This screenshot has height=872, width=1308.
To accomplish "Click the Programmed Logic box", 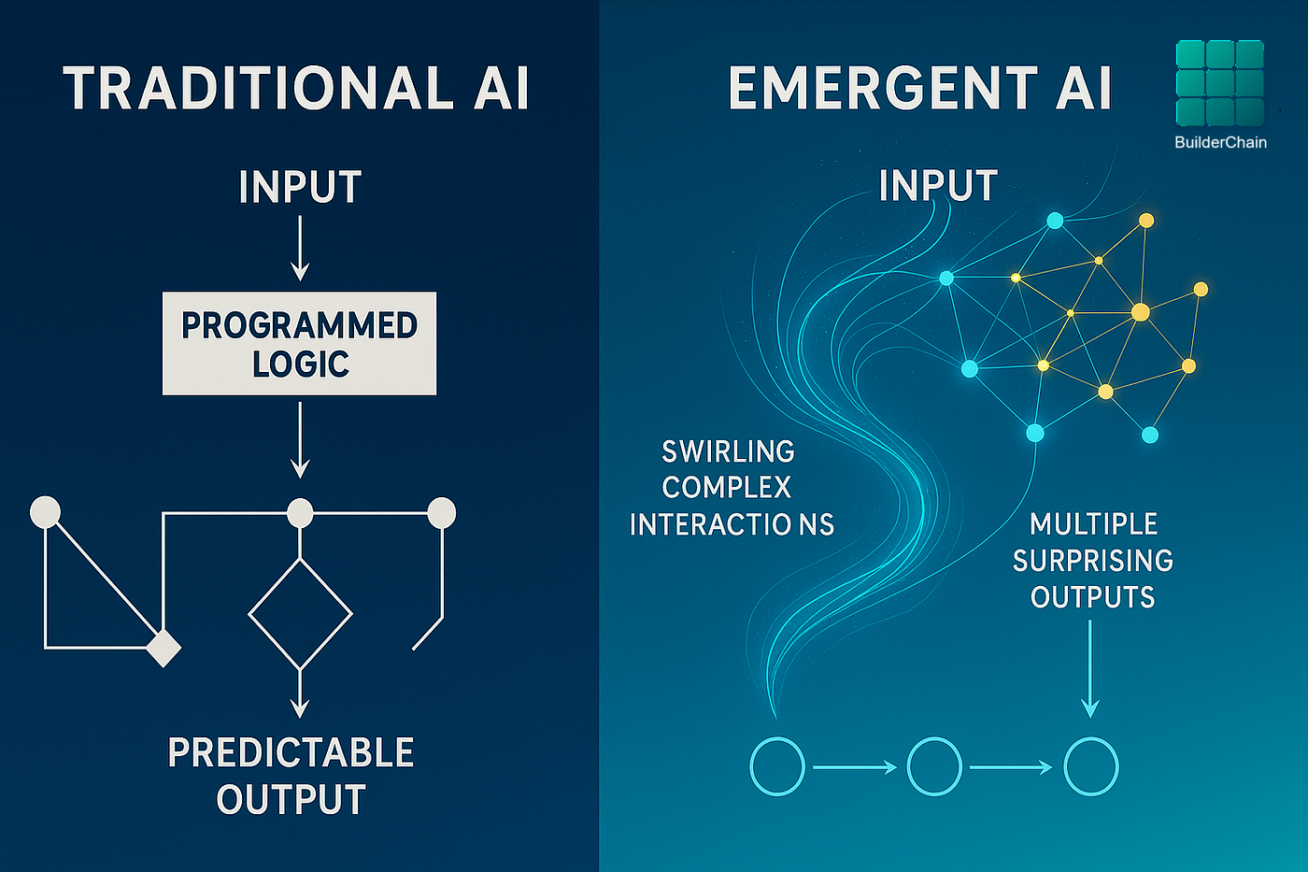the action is (x=299, y=343).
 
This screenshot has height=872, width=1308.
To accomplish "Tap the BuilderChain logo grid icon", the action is (x=1220, y=83).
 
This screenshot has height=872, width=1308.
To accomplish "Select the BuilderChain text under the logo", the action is (x=1220, y=142).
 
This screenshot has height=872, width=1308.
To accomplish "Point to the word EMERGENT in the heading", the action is (x=882, y=88).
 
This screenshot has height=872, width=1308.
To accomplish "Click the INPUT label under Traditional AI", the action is (x=300, y=188).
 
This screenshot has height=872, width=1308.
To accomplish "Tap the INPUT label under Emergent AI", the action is (x=938, y=186).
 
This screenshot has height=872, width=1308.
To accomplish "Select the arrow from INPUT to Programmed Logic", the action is (x=300, y=249).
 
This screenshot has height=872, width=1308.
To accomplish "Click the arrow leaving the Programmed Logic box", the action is (x=300, y=440).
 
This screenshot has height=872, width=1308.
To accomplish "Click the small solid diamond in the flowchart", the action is (x=163, y=648).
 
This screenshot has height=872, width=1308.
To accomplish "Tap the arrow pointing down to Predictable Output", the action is (x=300, y=693).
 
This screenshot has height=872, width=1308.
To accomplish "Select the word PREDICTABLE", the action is (x=291, y=752).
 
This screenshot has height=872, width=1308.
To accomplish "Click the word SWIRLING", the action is (x=728, y=451).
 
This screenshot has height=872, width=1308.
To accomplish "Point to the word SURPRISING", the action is (x=1092, y=561).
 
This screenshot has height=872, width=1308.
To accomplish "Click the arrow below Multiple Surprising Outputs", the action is (x=1090, y=669).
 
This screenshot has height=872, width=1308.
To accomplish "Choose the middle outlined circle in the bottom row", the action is (x=934, y=738).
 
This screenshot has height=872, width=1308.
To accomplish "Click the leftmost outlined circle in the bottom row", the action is (x=777, y=738).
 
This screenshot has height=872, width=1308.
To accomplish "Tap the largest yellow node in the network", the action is (x=1141, y=312).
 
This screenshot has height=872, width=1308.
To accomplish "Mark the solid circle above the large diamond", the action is (x=300, y=513).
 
